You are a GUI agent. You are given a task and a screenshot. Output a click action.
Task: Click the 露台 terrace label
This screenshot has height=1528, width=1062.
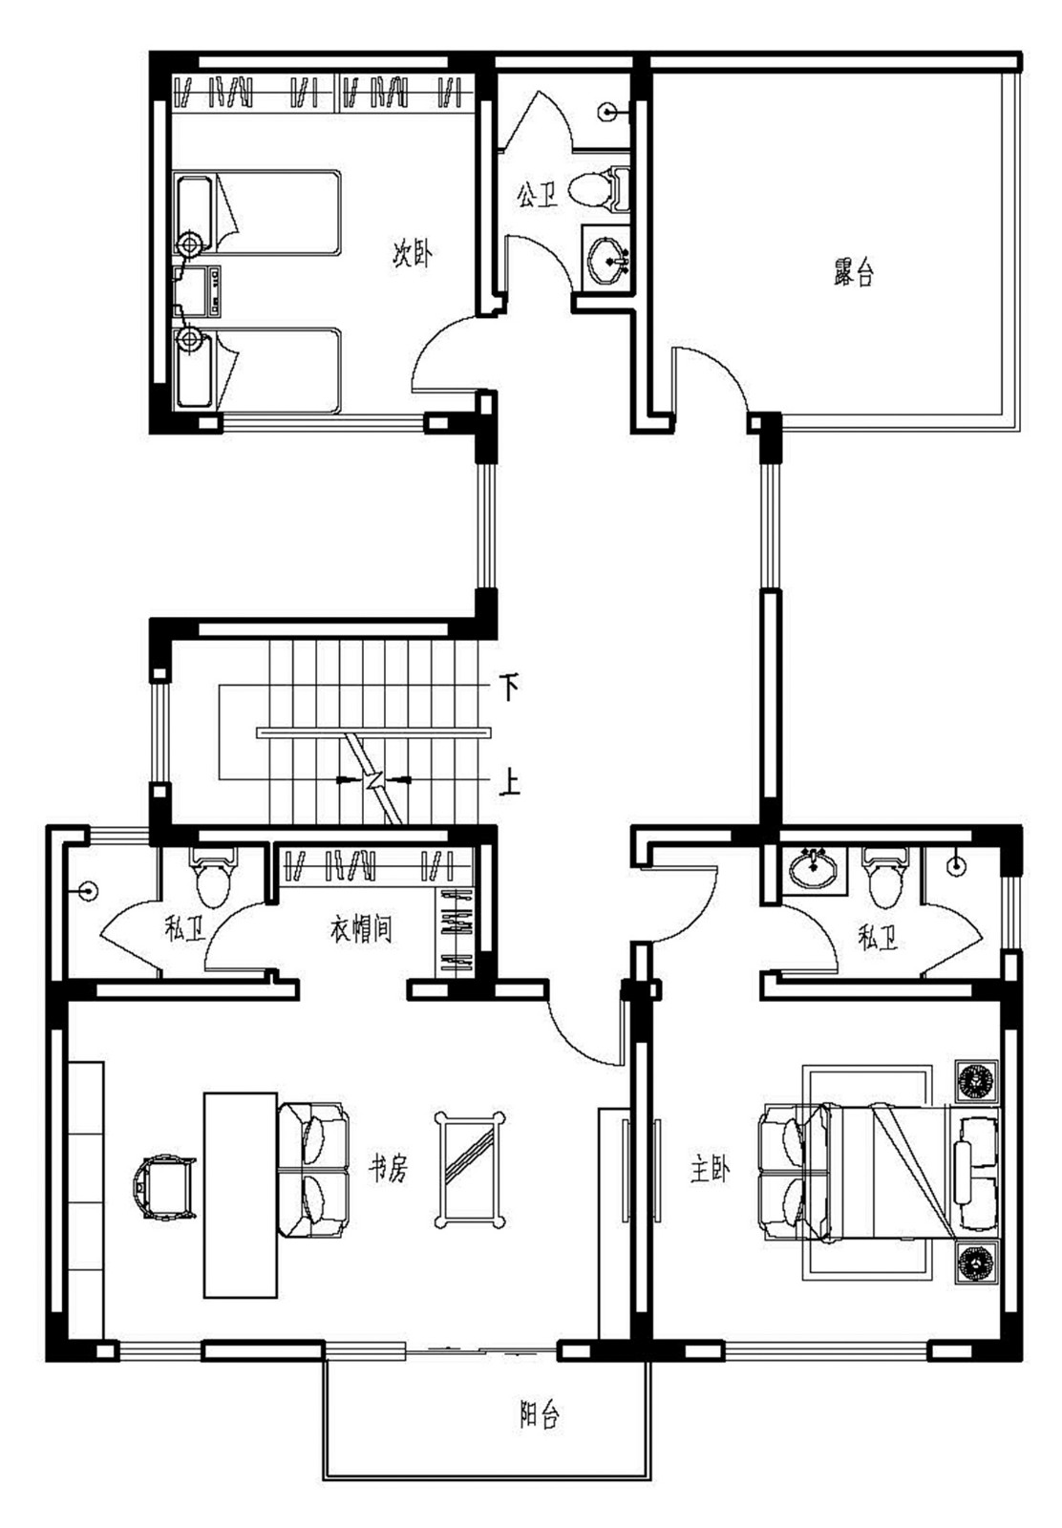coord(853,273)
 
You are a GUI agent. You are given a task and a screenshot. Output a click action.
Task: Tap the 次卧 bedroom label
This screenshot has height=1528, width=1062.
coord(413,254)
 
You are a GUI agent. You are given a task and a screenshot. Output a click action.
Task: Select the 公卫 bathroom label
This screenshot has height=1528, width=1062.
coord(537,196)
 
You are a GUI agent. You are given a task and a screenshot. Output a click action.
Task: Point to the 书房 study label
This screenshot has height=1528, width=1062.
coord(389,1167)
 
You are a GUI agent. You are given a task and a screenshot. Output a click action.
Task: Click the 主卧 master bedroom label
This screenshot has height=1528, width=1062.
coord(710,1168)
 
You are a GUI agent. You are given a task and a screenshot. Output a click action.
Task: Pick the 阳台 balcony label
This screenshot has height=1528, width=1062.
coord(539,1414)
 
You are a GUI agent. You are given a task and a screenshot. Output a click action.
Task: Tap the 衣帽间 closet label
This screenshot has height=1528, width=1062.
coord(361,928)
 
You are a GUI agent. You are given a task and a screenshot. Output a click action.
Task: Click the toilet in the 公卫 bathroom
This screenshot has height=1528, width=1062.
coord(597,188)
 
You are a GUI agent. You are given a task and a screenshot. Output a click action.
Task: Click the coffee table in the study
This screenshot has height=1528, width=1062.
coord(469,1169)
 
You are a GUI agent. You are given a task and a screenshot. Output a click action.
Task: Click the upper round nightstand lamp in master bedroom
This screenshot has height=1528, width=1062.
coord(976,1080)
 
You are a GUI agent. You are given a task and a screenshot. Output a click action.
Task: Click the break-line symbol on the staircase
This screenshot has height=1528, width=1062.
coord(375,779)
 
